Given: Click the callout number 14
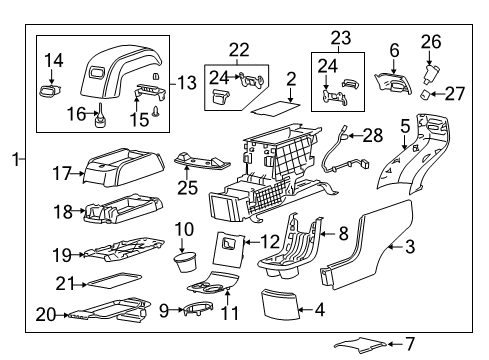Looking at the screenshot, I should coord(54,60).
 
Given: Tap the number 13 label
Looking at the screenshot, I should coord(185,82).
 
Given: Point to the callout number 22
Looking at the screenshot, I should coord(240,50).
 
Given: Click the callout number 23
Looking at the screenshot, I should coord(339,38).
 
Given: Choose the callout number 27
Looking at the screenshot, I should coord(456,95).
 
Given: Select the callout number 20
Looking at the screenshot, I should coord(46,313).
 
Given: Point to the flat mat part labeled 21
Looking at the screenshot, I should coord(112,282).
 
